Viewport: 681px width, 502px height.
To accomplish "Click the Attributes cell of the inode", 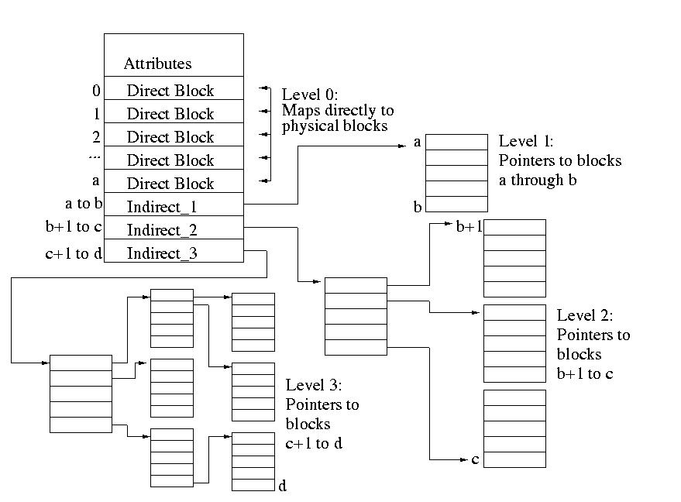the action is point(174,55).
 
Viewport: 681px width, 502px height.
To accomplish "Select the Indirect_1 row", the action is point(174,204).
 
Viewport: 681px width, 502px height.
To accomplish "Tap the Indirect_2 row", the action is point(174,228).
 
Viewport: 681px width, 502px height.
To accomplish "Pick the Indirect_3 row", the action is point(174,250).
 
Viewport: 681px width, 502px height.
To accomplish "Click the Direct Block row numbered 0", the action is point(174,88).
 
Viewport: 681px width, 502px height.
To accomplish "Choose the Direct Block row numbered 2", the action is point(174,135).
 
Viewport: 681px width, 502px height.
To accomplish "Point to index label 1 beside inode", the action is point(96,114).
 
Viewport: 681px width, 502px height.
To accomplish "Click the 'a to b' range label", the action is point(84,203).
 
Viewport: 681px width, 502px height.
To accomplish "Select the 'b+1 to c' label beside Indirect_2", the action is point(74,226).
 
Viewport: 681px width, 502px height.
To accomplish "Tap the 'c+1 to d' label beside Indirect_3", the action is point(74,253).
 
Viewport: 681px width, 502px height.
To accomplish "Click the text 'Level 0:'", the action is point(310,95).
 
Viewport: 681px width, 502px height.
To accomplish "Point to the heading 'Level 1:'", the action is point(526,141).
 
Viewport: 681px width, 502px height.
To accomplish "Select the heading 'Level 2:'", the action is point(585,315).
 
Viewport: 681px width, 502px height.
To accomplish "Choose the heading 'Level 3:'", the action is point(314,385).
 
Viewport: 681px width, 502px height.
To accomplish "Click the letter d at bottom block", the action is point(282,486).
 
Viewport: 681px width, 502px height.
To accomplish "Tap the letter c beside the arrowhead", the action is point(475,459).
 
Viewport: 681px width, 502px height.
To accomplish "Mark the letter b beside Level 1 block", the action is point(418,207).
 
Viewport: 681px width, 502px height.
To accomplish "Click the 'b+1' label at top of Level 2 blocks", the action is point(469,225).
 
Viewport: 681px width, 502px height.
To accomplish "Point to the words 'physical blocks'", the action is point(335,126).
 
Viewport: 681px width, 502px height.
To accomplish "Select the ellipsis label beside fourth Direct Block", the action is point(95,156).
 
